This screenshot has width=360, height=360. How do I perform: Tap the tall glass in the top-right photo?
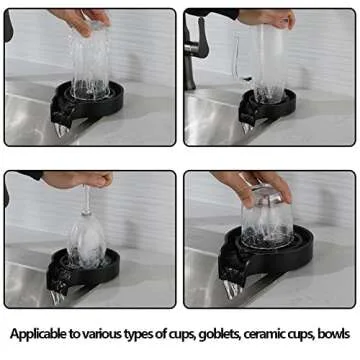click(x=271, y=60)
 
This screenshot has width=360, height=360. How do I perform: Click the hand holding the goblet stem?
click(x=80, y=179)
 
